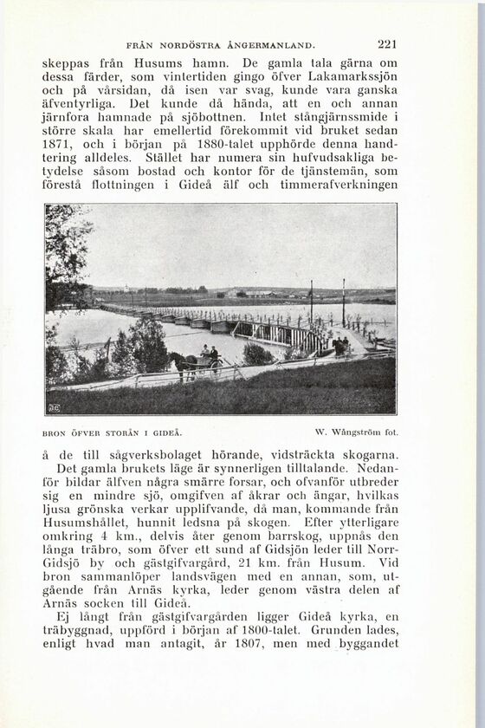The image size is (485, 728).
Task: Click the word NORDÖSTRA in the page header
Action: tap(187, 43)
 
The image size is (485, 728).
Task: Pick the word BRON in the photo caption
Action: tap(54, 432)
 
